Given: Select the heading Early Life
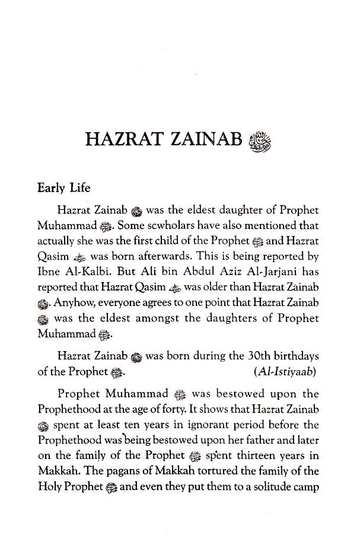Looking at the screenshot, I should coord(63,188).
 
